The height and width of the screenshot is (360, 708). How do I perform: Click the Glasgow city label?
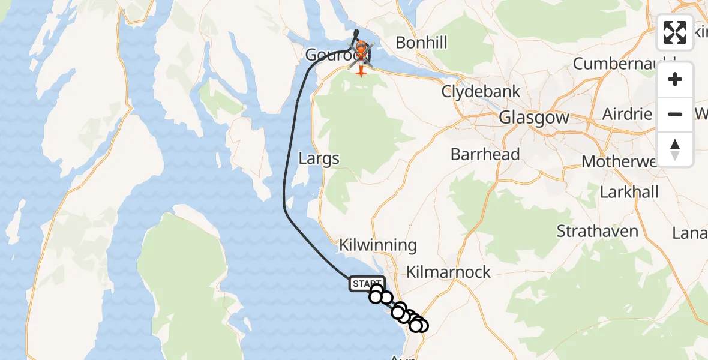click(x=534, y=118)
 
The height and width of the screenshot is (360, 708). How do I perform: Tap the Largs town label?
click(x=319, y=159)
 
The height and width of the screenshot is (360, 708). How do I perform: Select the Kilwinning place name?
click(x=377, y=245)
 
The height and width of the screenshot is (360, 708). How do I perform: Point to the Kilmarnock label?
click(x=448, y=272)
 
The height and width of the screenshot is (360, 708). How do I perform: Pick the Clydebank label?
click(x=481, y=92)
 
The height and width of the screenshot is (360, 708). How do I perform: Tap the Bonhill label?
click(x=421, y=43)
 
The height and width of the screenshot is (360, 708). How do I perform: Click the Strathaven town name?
click(x=597, y=230)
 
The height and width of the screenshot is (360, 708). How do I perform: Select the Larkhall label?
click(x=629, y=192)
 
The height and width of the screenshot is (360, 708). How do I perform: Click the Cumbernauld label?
click(x=624, y=63)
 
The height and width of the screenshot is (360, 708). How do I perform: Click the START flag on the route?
click(x=366, y=283)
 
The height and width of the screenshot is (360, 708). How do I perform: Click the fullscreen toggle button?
click(x=675, y=32)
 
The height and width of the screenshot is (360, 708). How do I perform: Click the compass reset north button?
click(x=675, y=149)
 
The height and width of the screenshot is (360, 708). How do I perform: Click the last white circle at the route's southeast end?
click(x=422, y=326)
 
